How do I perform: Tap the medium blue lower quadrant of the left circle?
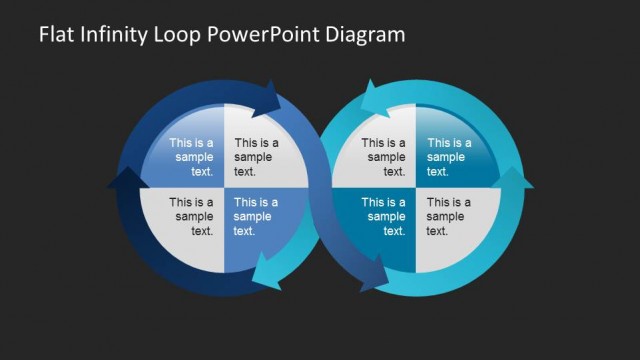click(255, 217)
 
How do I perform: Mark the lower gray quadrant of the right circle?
click(448, 217)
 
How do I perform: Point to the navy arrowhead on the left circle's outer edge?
click(119, 180)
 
